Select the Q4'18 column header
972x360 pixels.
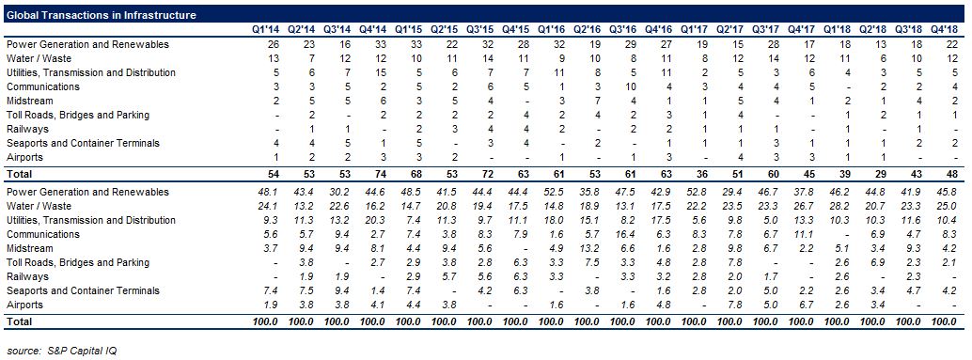tap(948, 29)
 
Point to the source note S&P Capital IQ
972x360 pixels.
tap(62, 351)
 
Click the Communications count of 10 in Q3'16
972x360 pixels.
tap(627, 86)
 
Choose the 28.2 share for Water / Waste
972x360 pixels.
tap(840, 207)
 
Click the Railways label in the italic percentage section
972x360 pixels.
tap(26, 277)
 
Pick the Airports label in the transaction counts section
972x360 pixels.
tap(24, 157)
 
